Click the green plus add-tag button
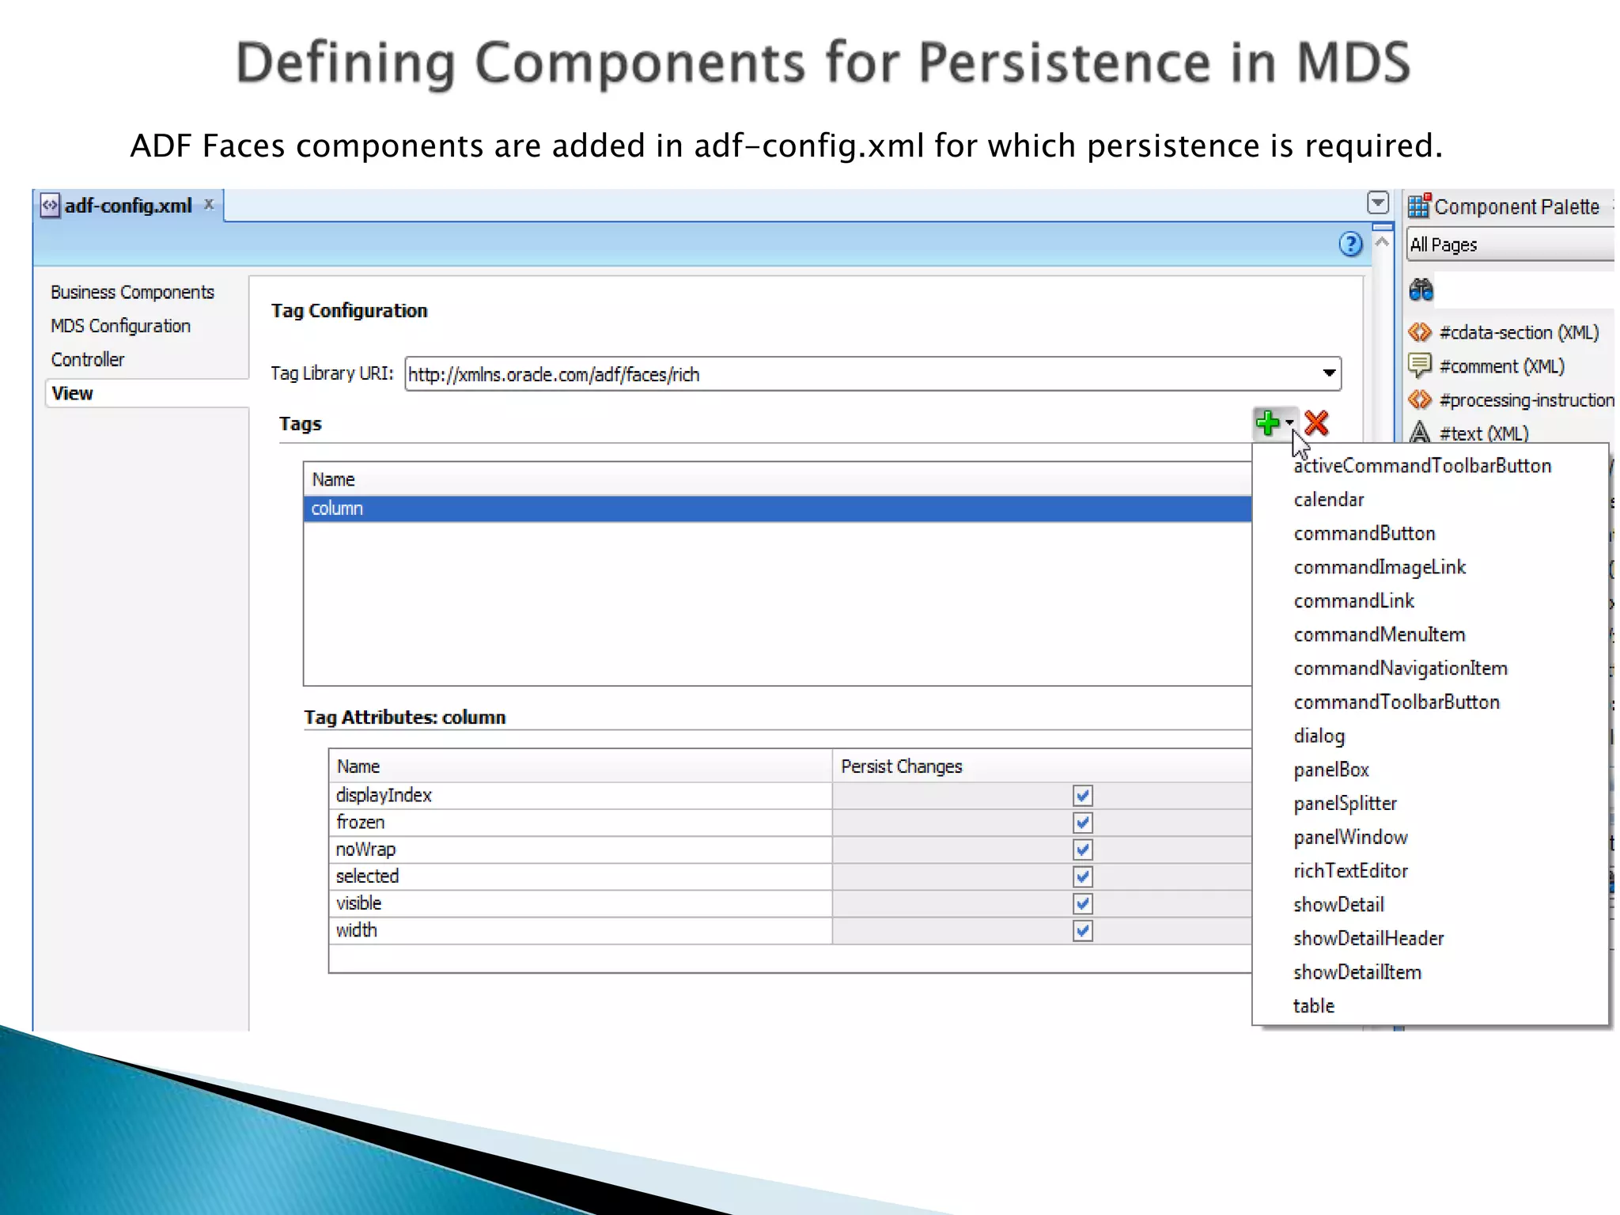tap(1267, 423)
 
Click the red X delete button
tap(1317, 423)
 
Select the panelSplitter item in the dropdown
tap(1345, 804)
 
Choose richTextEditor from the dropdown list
tap(1350, 871)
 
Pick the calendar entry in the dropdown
tap(1329, 500)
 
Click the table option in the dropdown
tap(1314, 1006)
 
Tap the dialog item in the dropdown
tap(1319, 736)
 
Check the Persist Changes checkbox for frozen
tap(1082, 823)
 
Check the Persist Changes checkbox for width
tap(1082, 931)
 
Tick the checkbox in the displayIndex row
tap(1082, 796)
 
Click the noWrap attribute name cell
tap(365, 850)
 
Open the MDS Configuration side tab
tap(120, 326)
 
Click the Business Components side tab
tap(132, 293)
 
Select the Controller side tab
tap(88, 360)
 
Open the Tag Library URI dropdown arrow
tap(1329, 373)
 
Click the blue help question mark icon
tap(1350, 244)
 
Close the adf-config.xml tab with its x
tap(209, 204)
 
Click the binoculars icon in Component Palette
tap(1421, 290)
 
